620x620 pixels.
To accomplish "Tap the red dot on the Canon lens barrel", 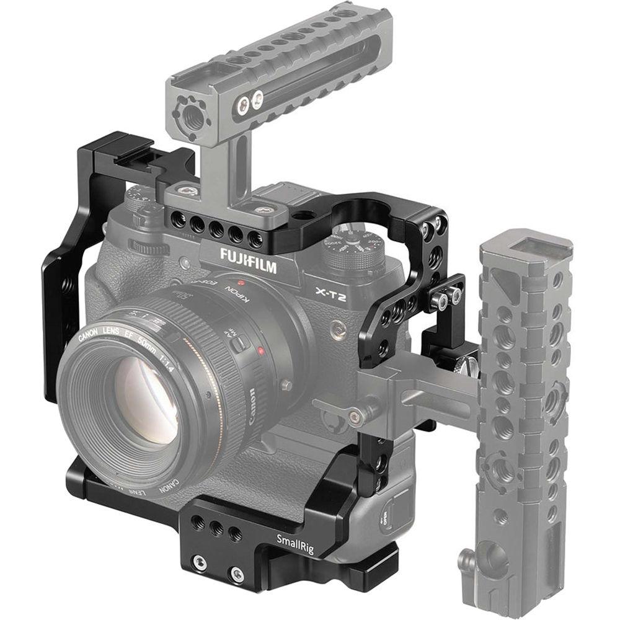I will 261,353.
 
